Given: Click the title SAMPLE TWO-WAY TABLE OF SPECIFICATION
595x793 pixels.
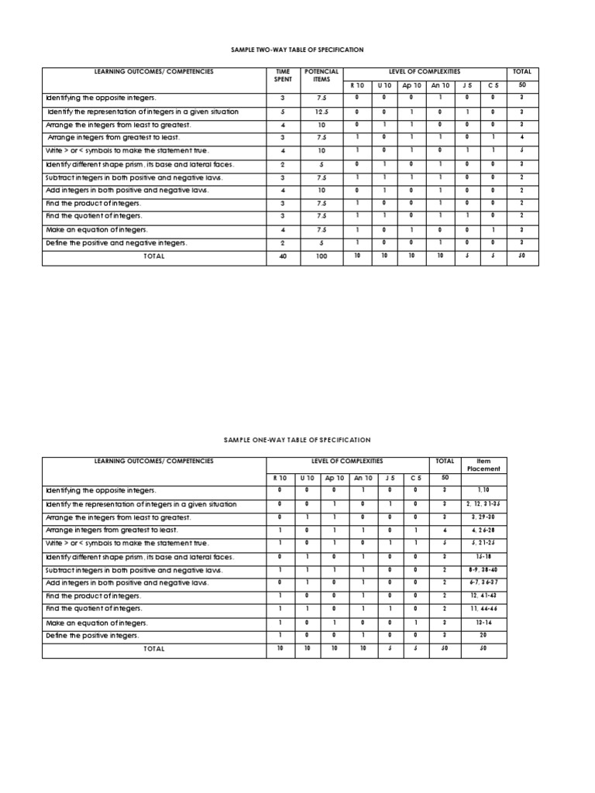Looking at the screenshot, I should click(297, 50).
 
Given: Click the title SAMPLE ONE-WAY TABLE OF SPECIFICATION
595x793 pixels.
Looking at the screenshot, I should click(297, 440).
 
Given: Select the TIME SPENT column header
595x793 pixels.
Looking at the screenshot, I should click(283, 75).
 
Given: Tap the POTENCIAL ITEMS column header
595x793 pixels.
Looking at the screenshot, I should click(322, 75).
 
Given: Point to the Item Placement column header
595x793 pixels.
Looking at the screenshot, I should click(483, 465).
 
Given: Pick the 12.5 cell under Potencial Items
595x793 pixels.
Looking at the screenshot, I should click(322, 112).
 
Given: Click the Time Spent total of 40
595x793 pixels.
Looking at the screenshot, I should click(283, 256).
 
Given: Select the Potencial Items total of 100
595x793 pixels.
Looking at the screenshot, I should click(322, 256).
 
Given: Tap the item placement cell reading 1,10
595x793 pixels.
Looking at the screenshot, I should click(483, 491).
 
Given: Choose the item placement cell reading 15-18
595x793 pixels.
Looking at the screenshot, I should click(483, 557).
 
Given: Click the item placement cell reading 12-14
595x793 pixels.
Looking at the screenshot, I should click(483, 623).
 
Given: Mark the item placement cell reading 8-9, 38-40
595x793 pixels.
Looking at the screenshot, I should click(483, 570).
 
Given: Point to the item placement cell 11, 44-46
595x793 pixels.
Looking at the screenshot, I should click(483, 609).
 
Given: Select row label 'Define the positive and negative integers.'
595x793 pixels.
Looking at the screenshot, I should click(116, 243).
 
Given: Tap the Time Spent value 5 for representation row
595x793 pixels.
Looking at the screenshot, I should click(283, 112).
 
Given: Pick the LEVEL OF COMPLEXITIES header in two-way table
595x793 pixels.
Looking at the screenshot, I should click(424, 71).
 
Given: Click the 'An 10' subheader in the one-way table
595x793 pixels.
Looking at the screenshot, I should click(363, 479).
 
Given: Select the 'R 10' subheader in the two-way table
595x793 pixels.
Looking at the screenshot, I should click(357, 85).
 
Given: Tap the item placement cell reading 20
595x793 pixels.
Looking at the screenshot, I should click(483, 636).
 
